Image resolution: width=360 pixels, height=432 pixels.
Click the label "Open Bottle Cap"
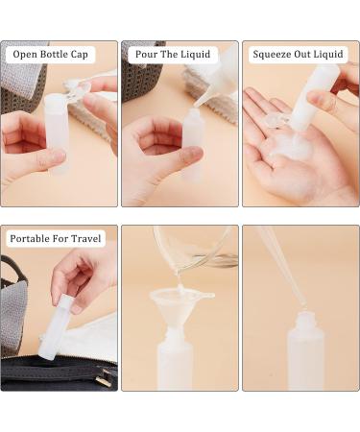(51, 55)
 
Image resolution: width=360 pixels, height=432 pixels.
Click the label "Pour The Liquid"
(174, 55)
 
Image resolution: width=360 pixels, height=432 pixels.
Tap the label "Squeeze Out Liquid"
(298, 55)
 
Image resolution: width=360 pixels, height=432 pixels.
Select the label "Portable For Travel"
(56, 238)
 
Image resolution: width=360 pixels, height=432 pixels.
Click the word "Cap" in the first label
(82, 55)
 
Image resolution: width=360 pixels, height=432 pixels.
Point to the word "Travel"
(84, 238)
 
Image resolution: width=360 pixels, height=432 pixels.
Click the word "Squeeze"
(274, 55)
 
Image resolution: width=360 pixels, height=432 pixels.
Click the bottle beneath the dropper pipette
(305, 355)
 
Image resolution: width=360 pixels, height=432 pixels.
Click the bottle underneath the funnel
(175, 360)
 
